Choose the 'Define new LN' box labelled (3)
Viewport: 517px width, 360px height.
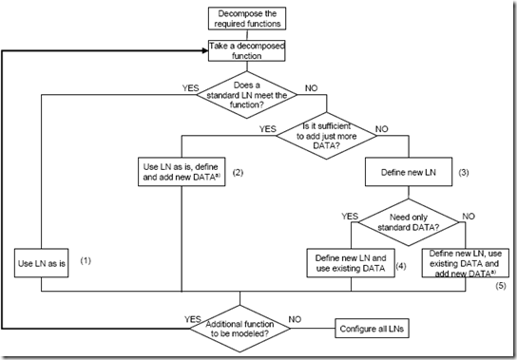click(x=410, y=172)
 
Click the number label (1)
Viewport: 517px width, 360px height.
click(x=86, y=259)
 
